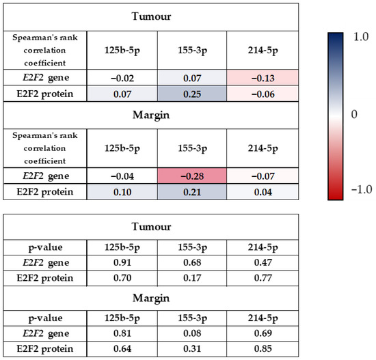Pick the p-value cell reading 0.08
click(183, 332)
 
